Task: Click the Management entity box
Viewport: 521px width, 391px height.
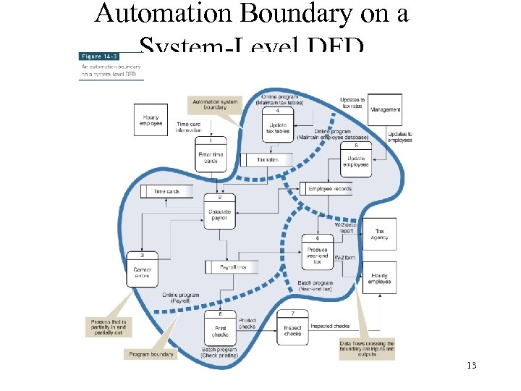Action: (x=385, y=109)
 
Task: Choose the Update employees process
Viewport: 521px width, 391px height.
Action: (x=356, y=159)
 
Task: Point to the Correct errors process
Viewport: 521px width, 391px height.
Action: (x=143, y=269)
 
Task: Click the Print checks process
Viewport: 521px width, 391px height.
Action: (x=220, y=329)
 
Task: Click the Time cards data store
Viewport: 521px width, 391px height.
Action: (x=167, y=191)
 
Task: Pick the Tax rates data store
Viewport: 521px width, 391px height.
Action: (x=267, y=159)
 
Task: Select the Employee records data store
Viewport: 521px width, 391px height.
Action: (x=329, y=189)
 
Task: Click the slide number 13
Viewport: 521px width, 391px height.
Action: (x=471, y=366)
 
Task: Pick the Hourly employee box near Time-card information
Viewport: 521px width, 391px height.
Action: (x=151, y=120)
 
